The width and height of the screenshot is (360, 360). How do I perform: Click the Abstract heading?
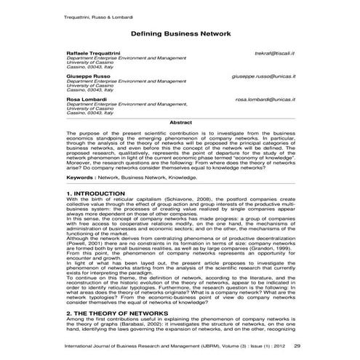[180, 123]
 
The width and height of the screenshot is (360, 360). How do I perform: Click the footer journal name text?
[175, 345]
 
